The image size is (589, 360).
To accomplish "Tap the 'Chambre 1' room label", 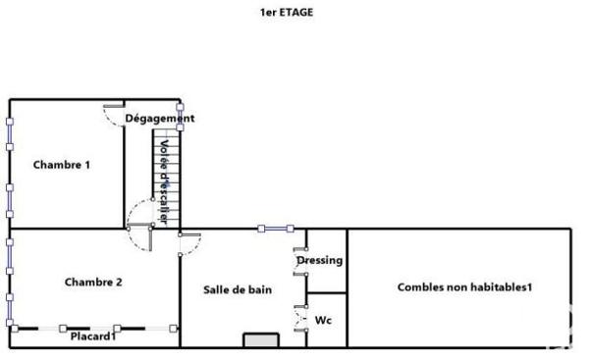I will pos(62,165).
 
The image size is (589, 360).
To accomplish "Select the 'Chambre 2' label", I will pos(93,283).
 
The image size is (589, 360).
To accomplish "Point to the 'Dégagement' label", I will pos(160,119).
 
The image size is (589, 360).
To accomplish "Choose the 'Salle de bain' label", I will pos(238,289).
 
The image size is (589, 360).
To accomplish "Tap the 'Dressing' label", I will pos(320,261).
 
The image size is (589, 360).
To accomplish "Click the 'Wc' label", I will pos(322,320).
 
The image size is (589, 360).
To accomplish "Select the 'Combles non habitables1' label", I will pos(464,287).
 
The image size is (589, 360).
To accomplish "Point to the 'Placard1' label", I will pos(93,336).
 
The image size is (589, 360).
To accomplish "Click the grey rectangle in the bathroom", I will pos(261,340).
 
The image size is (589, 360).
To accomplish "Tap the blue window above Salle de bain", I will pos(276,229).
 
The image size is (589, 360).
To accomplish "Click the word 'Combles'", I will pos(420,287).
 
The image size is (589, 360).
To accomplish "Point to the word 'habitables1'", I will pos(502,287).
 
